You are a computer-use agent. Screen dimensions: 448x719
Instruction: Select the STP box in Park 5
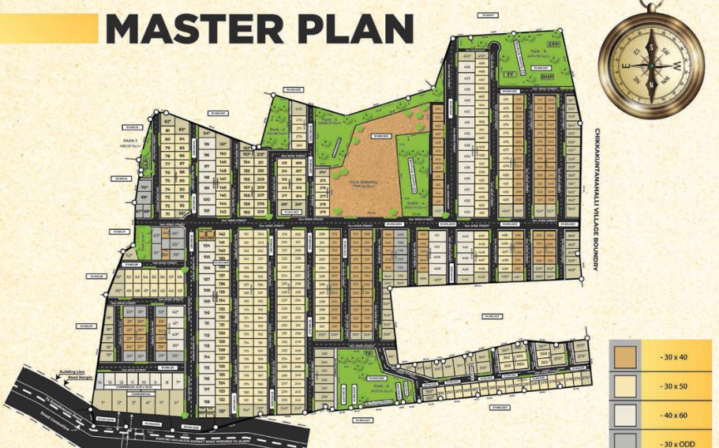[x=553, y=45]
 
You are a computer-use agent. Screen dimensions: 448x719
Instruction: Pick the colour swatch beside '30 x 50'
[x=626, y=385]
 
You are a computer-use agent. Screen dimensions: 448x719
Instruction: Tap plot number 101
[x=207, y=211]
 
